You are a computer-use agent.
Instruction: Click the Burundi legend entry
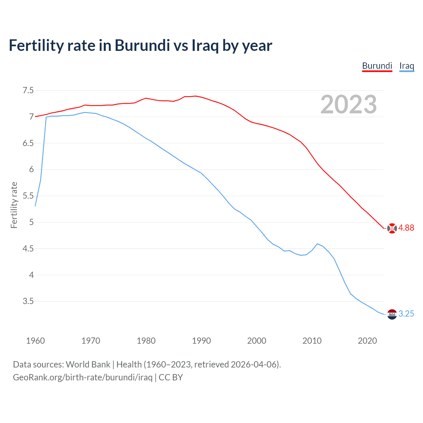click(x=377, y=66)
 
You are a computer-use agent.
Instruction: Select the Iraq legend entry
click(x=406, y=66)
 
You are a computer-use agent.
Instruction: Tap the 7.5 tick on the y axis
click(x=28, y=90)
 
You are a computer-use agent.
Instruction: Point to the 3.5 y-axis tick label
click(x=28, y=301)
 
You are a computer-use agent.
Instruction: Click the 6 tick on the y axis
click(x=31, y=169)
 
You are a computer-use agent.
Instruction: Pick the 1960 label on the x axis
click(x=35, y=341)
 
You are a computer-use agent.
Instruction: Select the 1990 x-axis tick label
click(x=201, y=341)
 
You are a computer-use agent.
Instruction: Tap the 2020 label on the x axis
click(x=367, y=341)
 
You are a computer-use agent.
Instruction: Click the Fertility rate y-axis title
click(x=14, y=205)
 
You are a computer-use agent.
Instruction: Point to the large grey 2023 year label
click(x=348, y=105)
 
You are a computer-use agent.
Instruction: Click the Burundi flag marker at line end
click(x=392, y=228)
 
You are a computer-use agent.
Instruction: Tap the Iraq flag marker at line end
click(x=392, y=314)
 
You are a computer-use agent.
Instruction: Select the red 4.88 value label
click(x=406, y=228)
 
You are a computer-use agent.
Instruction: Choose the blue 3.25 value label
click(x=406, y=314)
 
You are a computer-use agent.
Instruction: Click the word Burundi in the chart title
click(x=142, y=45)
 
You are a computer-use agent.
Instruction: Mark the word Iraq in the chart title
click(x=205, y=45)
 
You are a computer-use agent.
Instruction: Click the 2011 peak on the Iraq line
click(x=317, y=244)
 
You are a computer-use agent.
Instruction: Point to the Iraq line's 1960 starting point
click(x=35, y=206)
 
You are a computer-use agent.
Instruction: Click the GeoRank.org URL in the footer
click(x=83, y=377)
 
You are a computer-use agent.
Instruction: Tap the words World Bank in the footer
click(x=88, y=364)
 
